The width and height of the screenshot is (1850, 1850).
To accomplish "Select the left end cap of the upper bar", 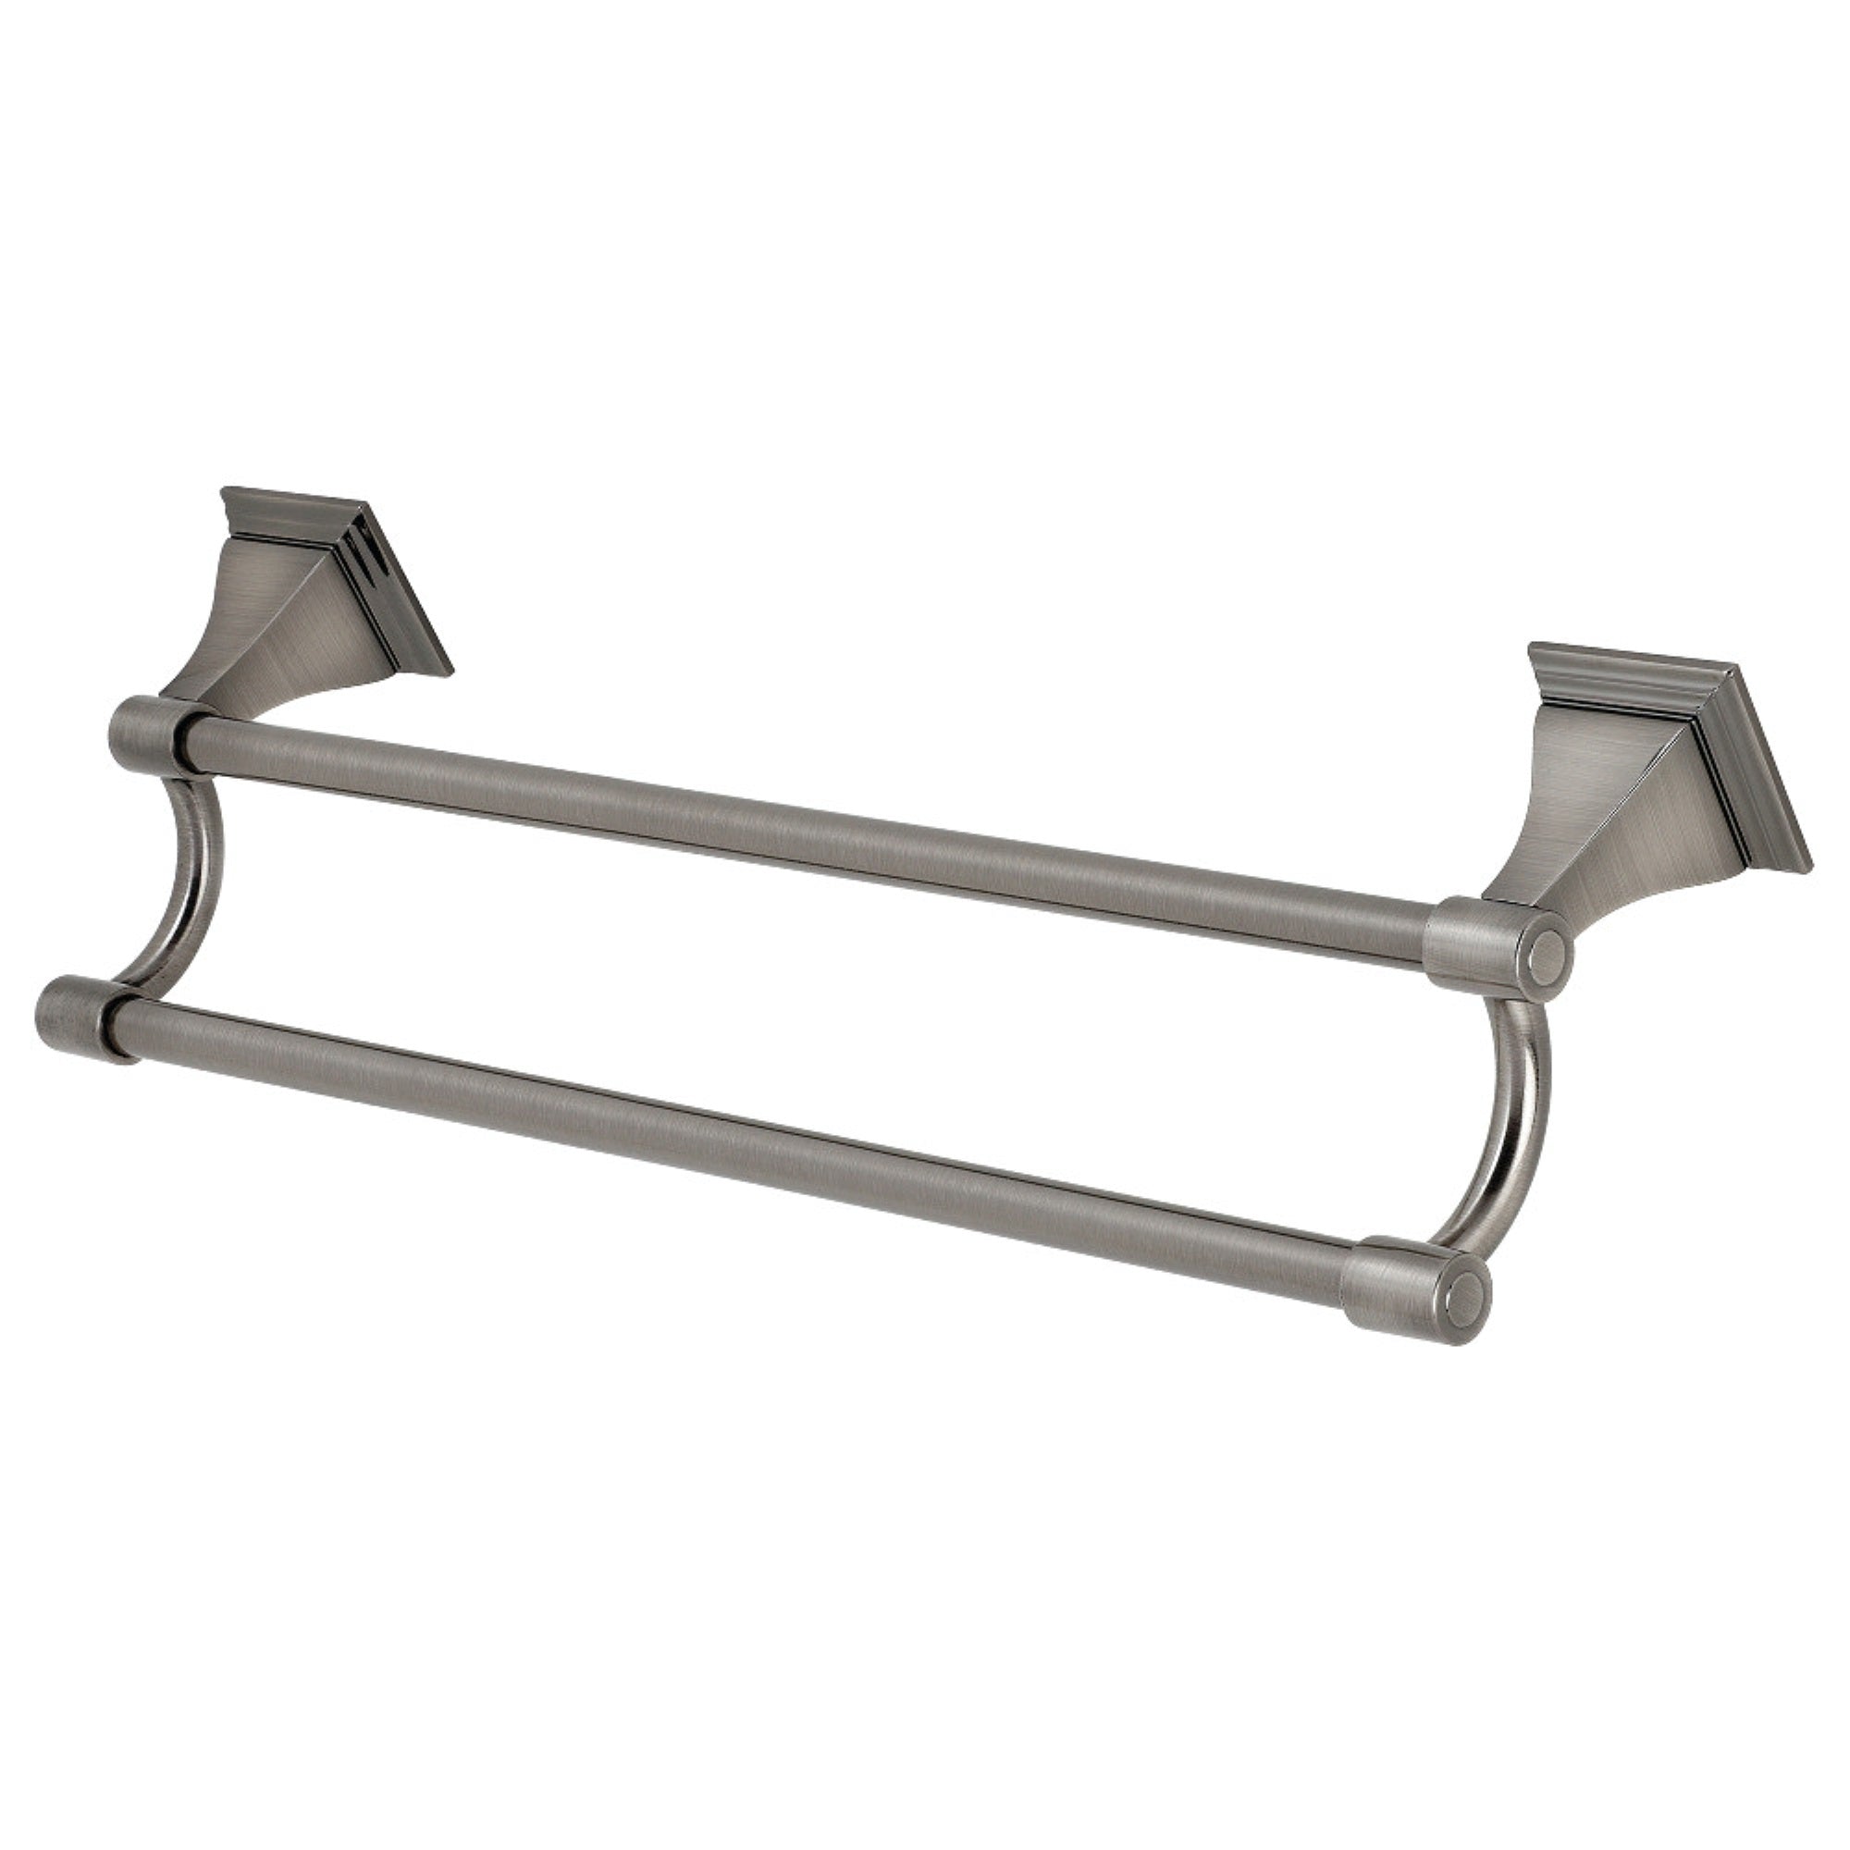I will pyautogui.click(x=143, y=733).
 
